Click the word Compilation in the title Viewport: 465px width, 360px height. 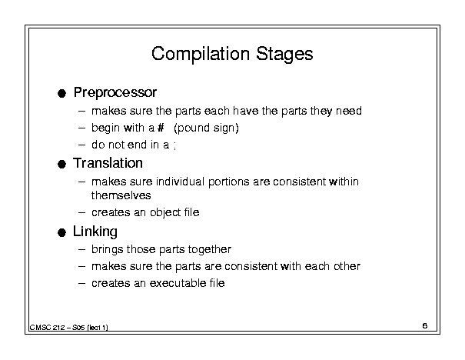201,55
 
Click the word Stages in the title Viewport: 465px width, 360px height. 284,55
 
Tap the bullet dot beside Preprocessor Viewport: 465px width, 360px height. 61,94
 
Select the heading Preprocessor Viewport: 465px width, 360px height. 115,92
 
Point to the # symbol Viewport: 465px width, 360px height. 161,128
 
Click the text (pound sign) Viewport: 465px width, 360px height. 207,128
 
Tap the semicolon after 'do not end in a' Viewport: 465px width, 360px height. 175,146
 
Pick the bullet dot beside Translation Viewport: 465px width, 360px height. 61,164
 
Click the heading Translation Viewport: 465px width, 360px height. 108,163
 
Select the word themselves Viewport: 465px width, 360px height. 121,195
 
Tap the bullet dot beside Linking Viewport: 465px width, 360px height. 61,232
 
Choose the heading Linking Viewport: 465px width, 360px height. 95,232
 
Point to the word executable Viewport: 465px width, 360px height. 178,283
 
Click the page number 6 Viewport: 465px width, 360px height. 425,326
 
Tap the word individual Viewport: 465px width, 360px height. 181,182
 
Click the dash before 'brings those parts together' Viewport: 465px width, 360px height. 81,249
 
